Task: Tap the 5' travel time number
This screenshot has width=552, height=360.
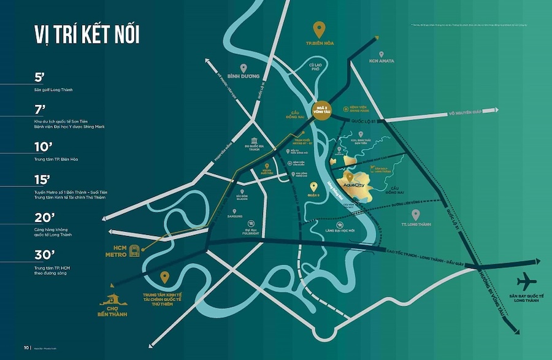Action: [x=40, y=78]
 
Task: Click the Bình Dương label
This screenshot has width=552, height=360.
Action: [x=243, y=77]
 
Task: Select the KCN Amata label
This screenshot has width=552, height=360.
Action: [x=381, y=61]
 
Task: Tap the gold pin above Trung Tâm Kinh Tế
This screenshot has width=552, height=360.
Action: [x=164, y=278]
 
